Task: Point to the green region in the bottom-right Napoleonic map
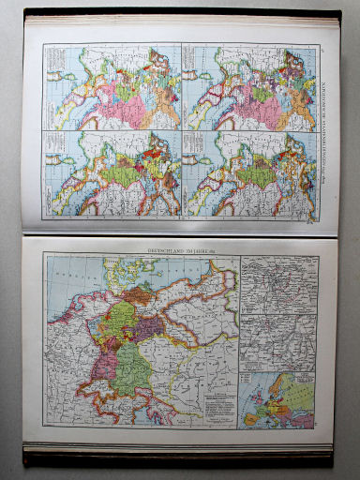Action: tap(248, 173)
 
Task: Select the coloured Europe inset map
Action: tap(277, 399)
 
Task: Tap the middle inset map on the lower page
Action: tap(277, 338)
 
